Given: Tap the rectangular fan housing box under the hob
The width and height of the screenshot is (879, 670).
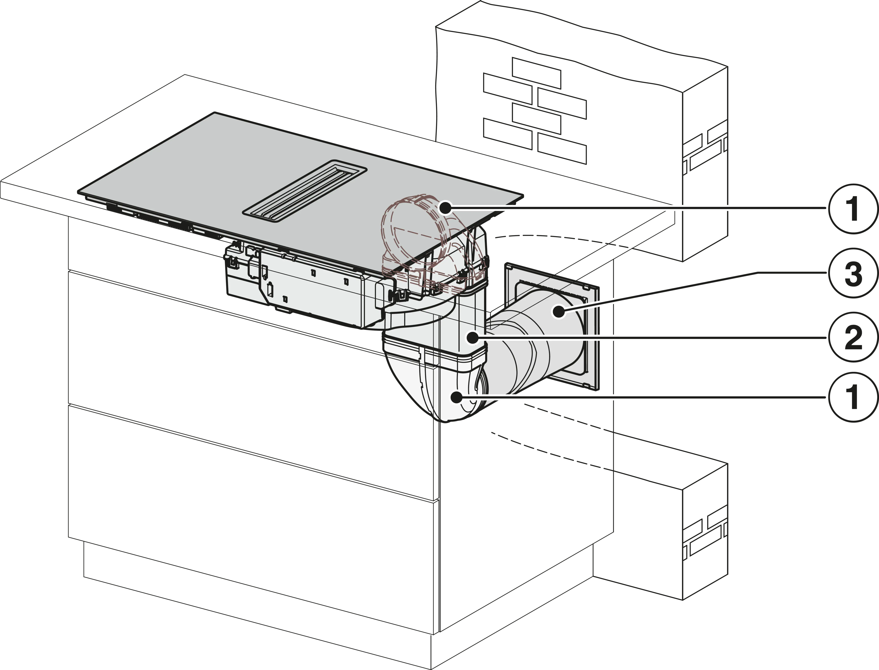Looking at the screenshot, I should click(303, 287).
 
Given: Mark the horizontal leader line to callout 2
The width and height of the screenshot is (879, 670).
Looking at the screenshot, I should click(658, 338).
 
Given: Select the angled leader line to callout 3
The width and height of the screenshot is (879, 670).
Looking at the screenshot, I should click(658, 291).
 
